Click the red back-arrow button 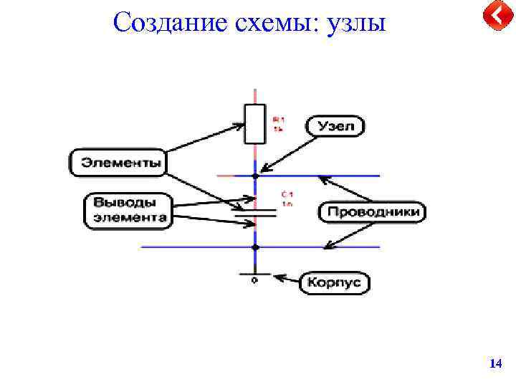(496, 15)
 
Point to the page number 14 (494, 365)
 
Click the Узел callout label (335, 127)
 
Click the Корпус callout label (335, 282)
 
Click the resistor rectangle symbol (255, 123)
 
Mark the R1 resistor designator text (278, 124)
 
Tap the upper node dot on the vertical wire (255, 176)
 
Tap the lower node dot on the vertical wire (255, 247)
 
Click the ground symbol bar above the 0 (255, 274)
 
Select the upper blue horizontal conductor (330, 176)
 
